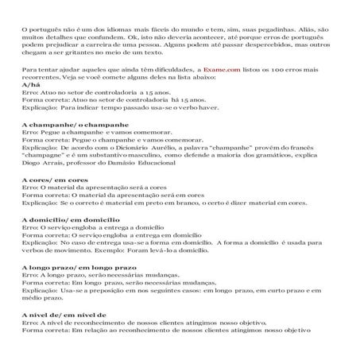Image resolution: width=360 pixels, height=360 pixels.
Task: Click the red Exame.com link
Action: click(x=222, y=71)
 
